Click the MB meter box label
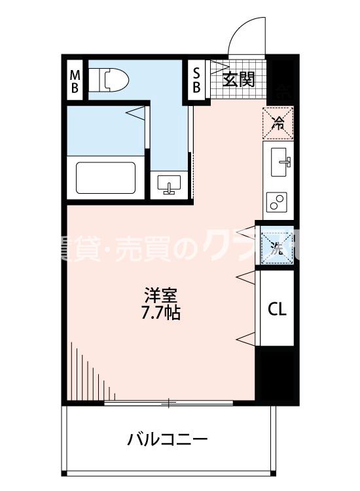click(x=75, y=80)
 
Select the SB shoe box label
click(x=196, y=80)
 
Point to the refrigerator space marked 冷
click(x=278, y=122)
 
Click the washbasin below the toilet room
click(x=170, y=186)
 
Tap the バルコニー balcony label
click(x=168, y=438)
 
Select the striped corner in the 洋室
click(x=88, y=373)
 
